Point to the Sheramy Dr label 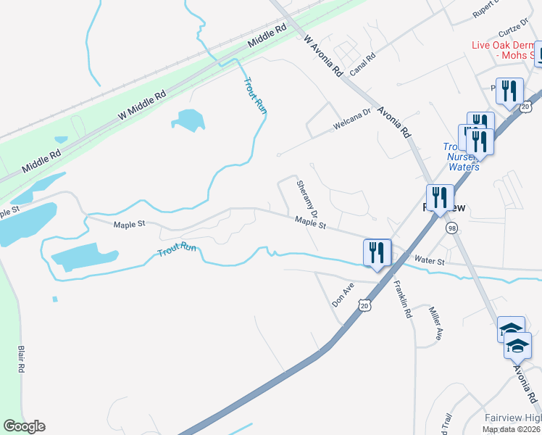[x=307, y=199]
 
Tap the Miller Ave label [x=436, y=323]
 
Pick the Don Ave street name [x=342, y=294]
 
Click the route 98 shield [x=452, y=228]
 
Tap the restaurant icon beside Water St [x=377, y=253]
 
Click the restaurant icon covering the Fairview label [x=440, y=198]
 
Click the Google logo [x=24, y=426]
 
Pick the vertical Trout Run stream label [x=254, y=95]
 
